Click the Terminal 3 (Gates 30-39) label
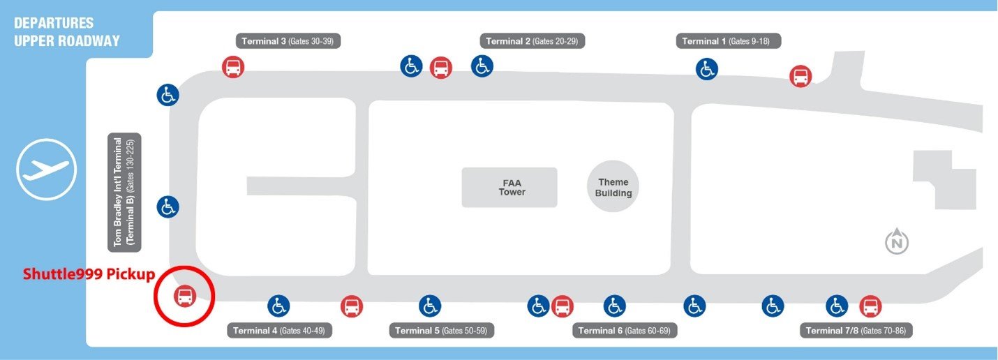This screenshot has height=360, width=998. click(x=288, y=41)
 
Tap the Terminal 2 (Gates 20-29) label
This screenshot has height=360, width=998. click(x=532, y=41)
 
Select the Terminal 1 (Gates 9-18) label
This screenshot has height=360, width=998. click(x=729, y=41)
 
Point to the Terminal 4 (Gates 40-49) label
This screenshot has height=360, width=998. click(x=279, y=331)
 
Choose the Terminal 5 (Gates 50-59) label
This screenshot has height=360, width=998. click(x=442, y=331)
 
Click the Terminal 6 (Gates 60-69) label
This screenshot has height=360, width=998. click(x=625, y=331)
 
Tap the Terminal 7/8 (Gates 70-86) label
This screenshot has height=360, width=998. click(x=856, y=331)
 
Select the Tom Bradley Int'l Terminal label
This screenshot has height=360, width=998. click(x=124, y=192)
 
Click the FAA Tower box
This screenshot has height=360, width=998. click(x=509, y=188)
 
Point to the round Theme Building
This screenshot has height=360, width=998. click(x=613, y=187)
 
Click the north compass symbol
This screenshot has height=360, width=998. click(x=896, y=241)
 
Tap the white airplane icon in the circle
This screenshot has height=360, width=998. click(x=46, y=170)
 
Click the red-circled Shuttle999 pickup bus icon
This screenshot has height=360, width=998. click(x=184, y=296)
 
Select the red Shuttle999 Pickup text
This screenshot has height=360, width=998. click(x=89, y=273)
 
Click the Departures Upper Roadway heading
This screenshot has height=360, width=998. click(x=67, y=32)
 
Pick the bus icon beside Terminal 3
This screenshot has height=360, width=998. click(x=233, y=67)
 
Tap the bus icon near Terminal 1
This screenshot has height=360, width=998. click(x=800, y=76)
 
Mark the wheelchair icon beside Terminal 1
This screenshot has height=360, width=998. click(x=706, y=69)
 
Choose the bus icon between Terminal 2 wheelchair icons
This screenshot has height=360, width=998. click(x=441, y=68)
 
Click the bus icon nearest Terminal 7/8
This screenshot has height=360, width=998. click(x=870, y=306)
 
